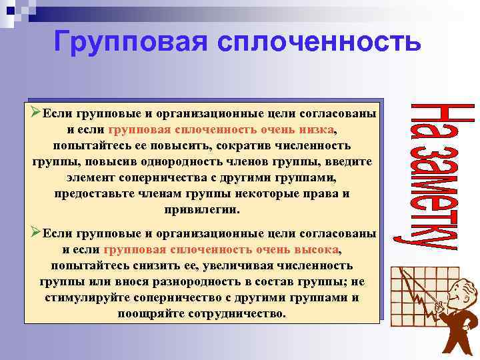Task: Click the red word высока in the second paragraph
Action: coord(316,249)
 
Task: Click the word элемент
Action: coord(91,178)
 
